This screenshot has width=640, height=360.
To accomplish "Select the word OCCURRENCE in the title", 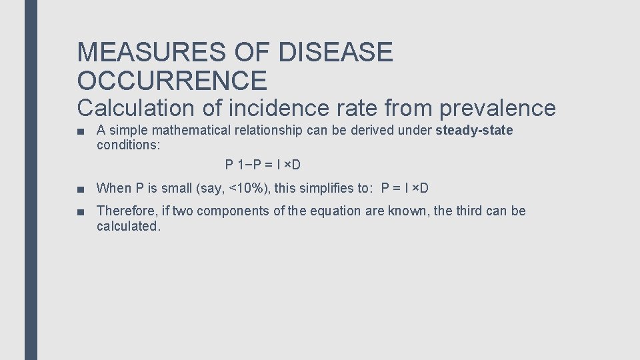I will point(172,81).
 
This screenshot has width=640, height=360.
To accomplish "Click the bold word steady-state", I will point(474,130).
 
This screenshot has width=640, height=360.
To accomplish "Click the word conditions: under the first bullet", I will point(128,145).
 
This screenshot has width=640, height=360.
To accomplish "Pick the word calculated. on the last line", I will point(129,226).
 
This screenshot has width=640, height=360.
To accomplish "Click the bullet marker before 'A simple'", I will point(81,131).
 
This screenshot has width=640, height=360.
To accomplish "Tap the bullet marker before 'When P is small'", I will point(81,189).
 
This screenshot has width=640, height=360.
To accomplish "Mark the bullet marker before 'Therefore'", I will point(81,212).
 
